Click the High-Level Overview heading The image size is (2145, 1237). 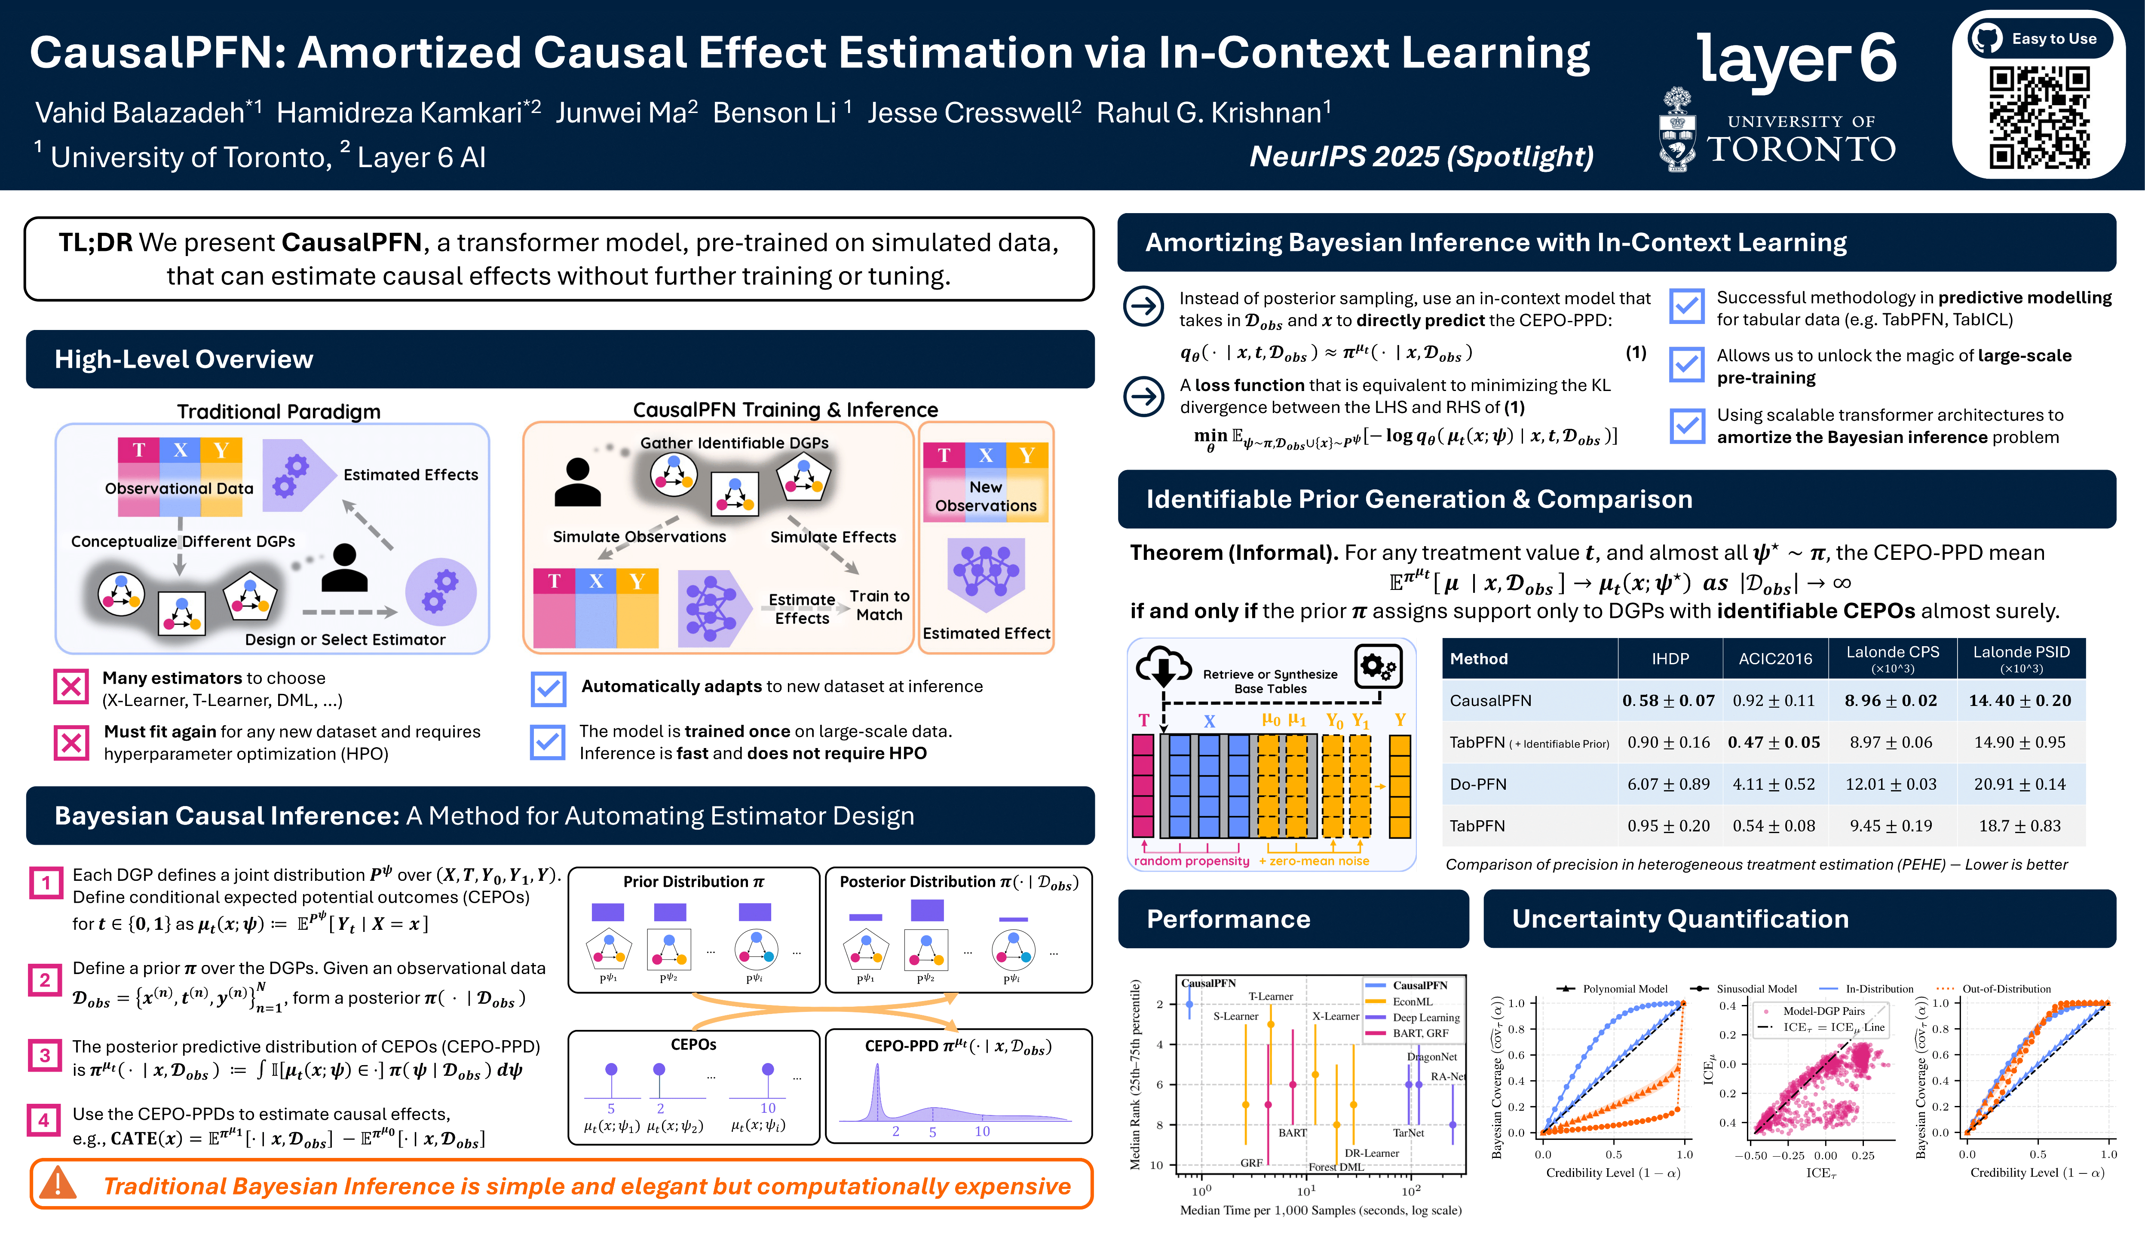(184, 359)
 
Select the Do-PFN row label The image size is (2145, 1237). (1478, 784)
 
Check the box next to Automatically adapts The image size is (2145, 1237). (548, 688)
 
